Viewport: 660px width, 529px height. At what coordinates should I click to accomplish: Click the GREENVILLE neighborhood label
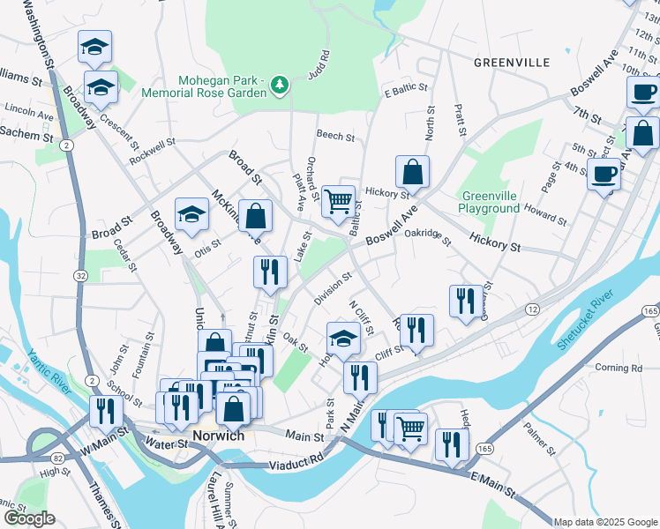tap(511, 63)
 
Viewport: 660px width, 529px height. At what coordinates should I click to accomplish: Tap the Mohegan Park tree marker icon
tap(281, 85)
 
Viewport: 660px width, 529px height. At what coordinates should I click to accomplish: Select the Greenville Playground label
tap(489, 202)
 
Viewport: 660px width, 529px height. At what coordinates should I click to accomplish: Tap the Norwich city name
tap(218, 436)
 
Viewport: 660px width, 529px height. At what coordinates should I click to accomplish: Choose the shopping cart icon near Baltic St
tap(339, 202)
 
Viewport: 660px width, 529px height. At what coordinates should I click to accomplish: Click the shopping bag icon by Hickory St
tap(412, 172)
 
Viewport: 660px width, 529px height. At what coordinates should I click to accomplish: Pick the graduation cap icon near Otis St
tap(191, 213)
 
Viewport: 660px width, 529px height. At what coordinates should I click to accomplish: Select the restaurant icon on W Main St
tap(106, 412)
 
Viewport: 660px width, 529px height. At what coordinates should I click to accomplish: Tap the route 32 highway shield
tap(81, 276)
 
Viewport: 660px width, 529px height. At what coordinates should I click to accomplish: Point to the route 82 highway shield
tap(56, 458)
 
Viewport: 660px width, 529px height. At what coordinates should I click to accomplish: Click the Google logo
tap(29, 518)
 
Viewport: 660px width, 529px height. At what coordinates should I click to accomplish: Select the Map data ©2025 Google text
tap(606, 522)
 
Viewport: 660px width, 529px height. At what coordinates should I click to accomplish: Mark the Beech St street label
tap(335, 138)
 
